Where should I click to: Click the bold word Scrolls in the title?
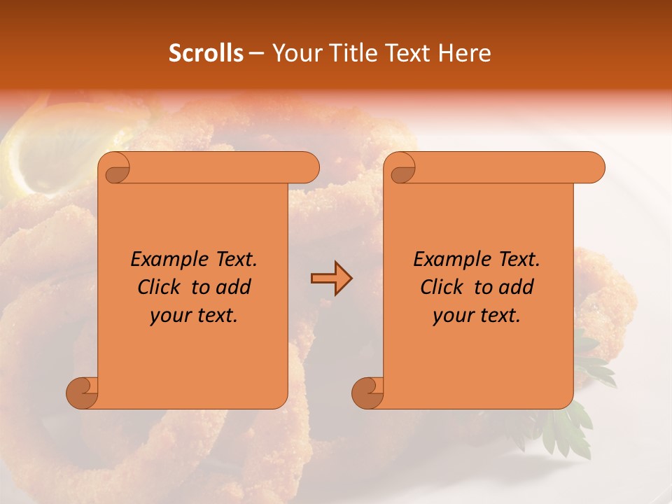pos(206,53)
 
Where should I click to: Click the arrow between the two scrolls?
pos(331,279)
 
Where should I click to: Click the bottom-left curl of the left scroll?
pos(83,392)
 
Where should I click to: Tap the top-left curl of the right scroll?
pos(401,169)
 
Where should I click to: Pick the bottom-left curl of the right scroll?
pos(368,392)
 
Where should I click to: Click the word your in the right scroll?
pos(451,316)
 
